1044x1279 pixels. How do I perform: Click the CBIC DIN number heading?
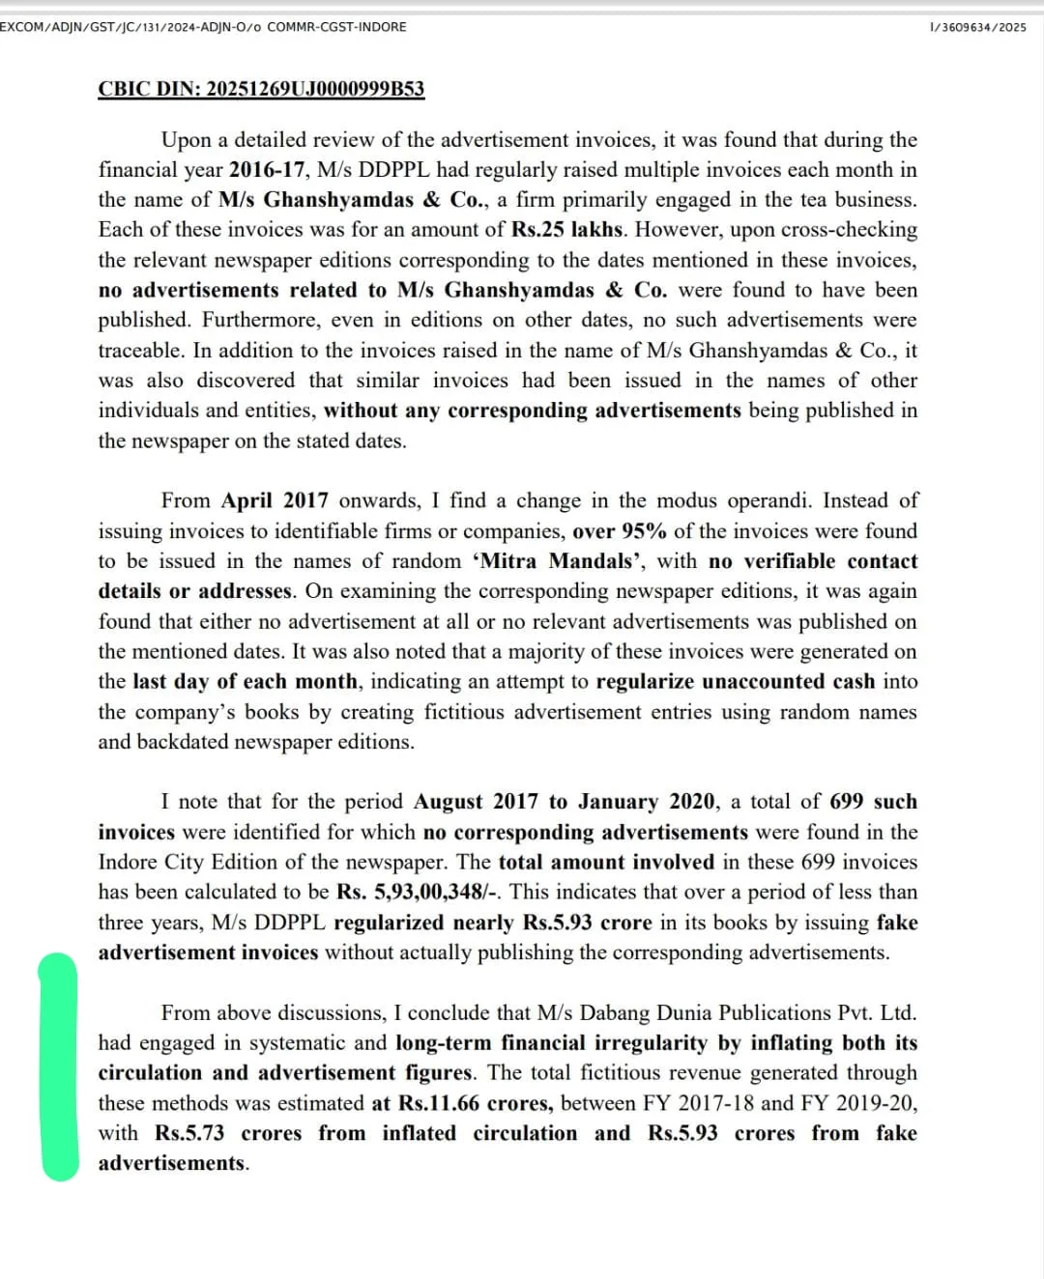click(x=261, y=89)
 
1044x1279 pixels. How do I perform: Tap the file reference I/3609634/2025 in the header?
click(x=977, y=27)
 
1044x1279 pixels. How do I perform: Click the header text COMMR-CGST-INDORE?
click(x=336, y=27)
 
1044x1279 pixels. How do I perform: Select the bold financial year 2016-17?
click(x=267, y=170)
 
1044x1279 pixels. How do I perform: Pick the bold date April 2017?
click(x=275, y=500)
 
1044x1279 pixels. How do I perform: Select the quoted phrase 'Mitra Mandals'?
click(x=559, y=561)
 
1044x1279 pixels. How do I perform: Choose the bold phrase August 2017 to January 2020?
click(x=565, y=802)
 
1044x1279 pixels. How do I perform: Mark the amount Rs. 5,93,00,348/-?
click(x=419, y=892)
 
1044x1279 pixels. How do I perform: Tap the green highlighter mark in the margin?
click(x=58, y=1066)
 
